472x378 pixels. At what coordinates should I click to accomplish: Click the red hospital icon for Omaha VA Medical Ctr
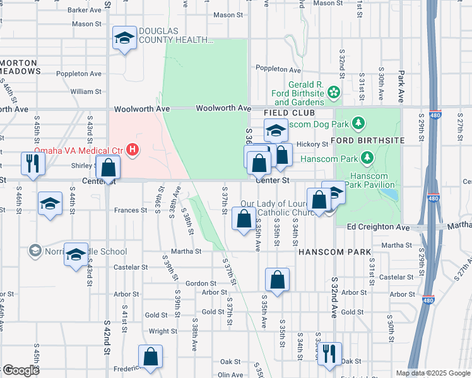coord(133,150)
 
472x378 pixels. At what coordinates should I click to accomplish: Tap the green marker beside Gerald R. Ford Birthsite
coord(334,94)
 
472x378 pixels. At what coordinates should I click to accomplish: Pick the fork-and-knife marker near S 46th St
coord(31,163)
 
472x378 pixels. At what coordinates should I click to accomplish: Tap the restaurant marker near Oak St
coord(329,353)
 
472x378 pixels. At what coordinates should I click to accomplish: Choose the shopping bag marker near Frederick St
coord(151,357)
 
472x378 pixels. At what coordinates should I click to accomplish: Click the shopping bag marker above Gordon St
coord(277,280)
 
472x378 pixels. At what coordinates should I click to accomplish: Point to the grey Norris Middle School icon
coord(34,251)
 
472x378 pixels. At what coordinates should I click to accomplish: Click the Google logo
coord(20,370)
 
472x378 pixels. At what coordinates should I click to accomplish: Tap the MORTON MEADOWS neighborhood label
coord(20,67)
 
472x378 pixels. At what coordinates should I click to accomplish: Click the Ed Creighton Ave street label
coord(377,226)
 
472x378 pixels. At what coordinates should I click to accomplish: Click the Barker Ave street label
coord(85,10)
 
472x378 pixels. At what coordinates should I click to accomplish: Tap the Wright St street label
coord(163,331)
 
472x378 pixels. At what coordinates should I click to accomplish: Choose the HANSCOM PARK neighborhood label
coord(334,252)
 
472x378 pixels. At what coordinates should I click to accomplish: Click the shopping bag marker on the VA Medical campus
coord(109,168)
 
